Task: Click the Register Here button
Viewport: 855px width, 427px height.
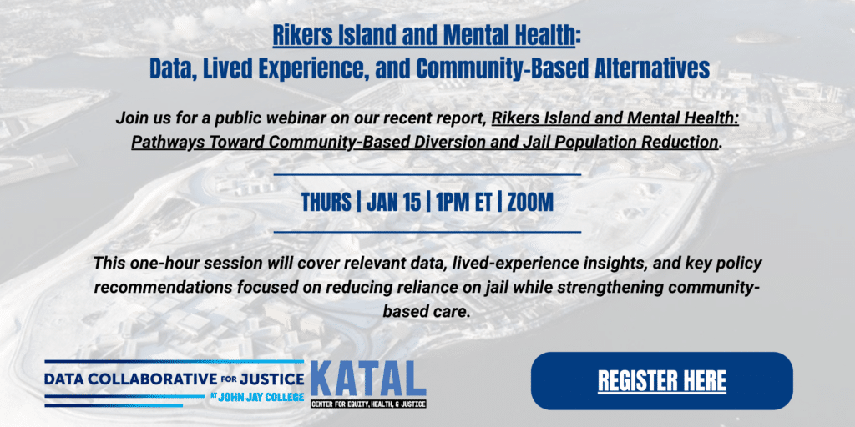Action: click(661, 380)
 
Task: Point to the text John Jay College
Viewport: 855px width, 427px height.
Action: click(261, 397)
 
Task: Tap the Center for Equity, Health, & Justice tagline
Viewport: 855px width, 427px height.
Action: click(368, 404)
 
